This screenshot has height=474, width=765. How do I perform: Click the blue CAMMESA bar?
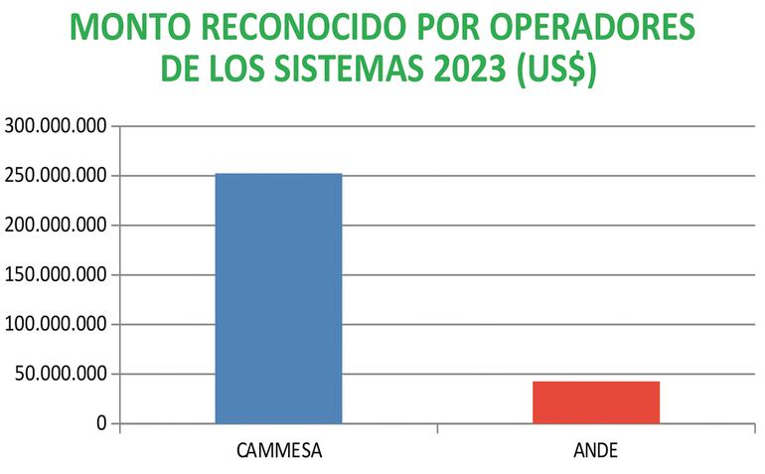[278, 298]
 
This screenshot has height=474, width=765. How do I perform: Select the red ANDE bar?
[596, 402]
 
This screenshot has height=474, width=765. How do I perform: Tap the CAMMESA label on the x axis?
[279, 449]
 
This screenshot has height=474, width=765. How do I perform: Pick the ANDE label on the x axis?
[596, 449]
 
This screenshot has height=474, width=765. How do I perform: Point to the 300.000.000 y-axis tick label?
[56, 126]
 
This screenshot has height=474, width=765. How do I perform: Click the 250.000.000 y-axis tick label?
[56, 176]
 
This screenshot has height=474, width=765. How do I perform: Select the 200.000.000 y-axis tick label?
[56, 226]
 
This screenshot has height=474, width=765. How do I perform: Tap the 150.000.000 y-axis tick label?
[56, 275]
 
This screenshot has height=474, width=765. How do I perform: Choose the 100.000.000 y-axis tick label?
[56, 325]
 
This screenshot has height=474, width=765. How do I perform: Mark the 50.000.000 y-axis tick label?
[61, 375]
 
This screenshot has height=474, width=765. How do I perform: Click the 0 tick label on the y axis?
[101, 424]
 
